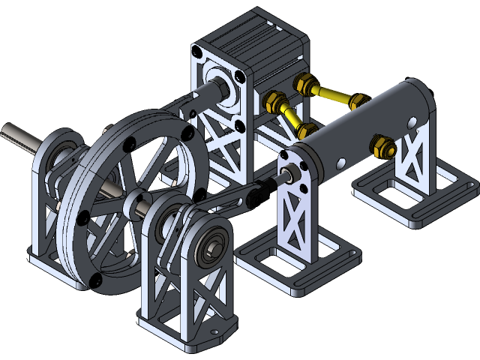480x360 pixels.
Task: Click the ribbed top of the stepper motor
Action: pyautogui.click(x=255, y=37)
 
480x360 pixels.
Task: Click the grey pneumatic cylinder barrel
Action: pyautogui.click(x=360, y=127)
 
